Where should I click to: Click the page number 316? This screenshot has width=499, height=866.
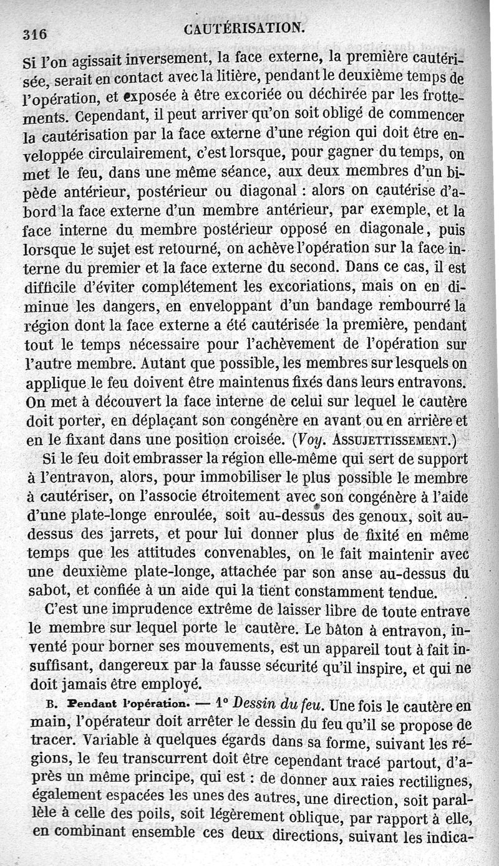point(35,34)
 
